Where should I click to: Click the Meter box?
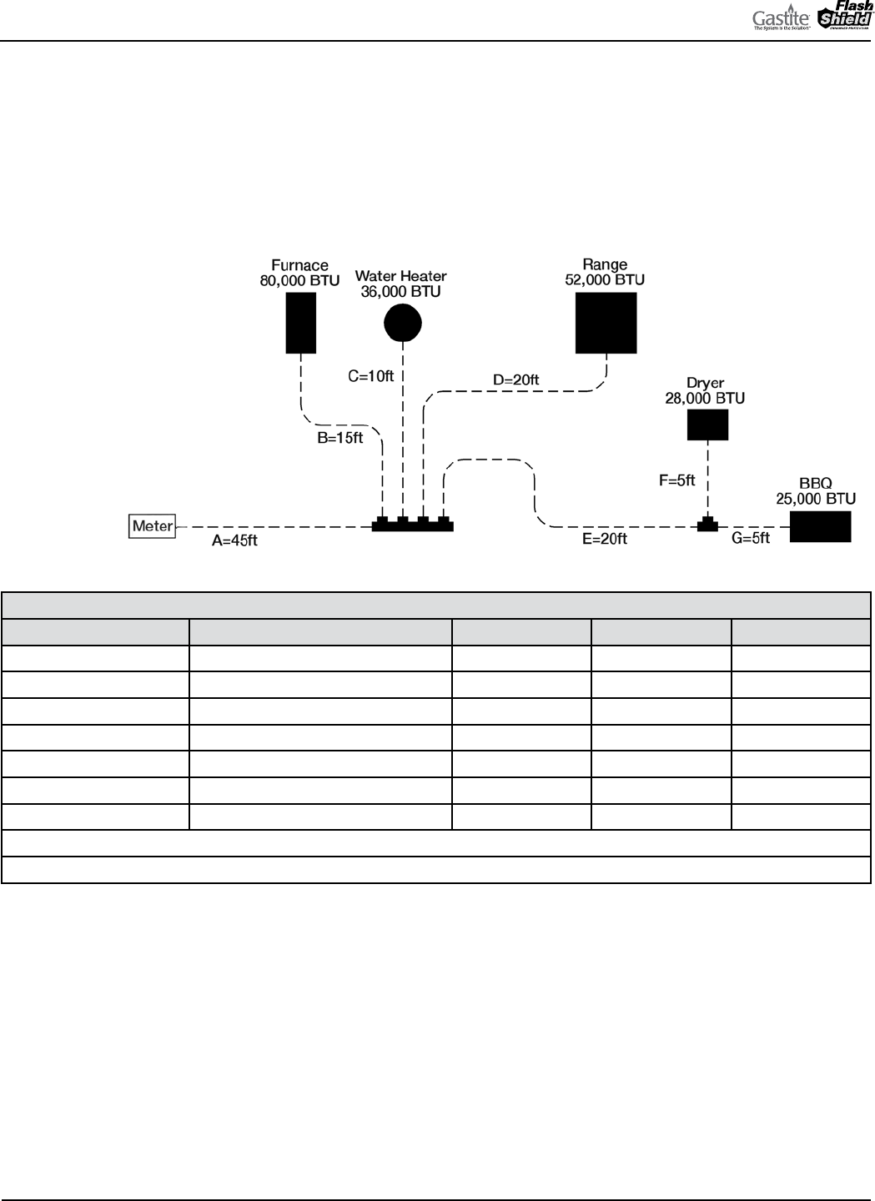point(152,526)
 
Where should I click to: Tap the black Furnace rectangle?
point(300,322)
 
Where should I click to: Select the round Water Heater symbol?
point(403,323)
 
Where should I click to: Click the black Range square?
point(606,323)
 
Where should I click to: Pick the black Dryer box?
point(707,425)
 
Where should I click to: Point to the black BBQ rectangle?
point(820,527)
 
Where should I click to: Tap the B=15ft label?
point(340,438)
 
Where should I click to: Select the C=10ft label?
point(370,376)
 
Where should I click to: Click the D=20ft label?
point(515,380)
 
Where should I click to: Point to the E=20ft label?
point(604,540)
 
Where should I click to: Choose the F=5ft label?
point(677,481)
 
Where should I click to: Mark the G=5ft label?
point(751,540)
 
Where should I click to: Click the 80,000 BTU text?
point(299,281)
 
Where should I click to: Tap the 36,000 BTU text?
point(400,291)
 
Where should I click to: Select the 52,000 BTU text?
point(605,280)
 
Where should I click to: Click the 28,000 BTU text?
point(705,399)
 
